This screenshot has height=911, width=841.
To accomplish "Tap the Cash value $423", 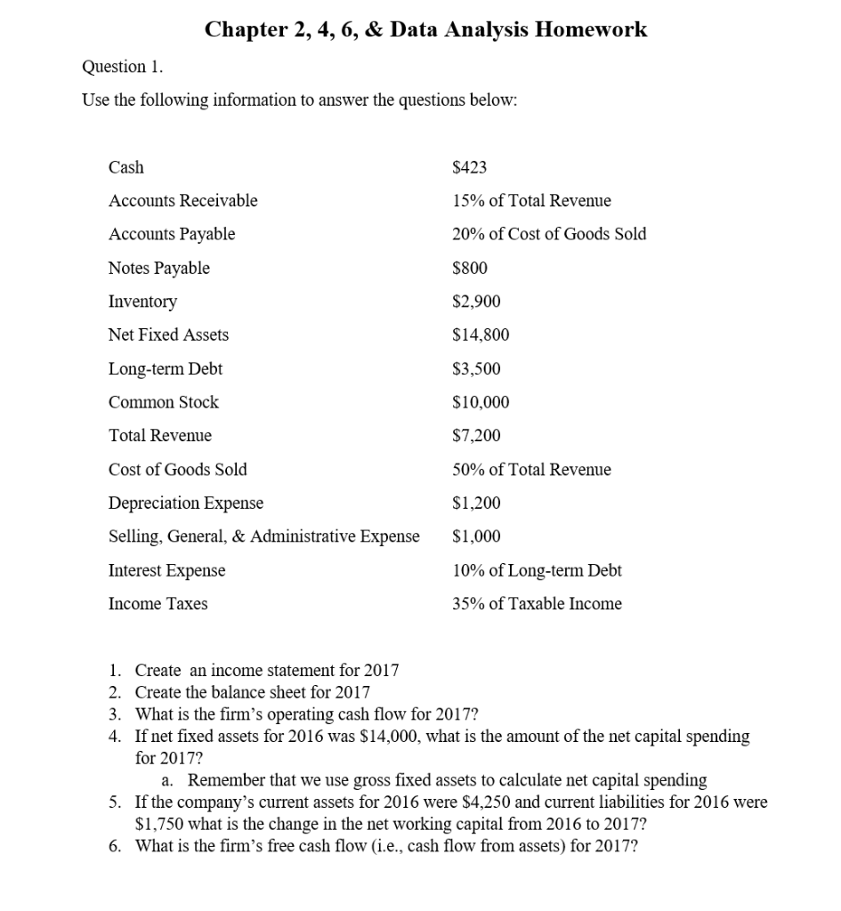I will point(470,167).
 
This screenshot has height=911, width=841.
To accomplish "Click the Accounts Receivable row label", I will point(182,201).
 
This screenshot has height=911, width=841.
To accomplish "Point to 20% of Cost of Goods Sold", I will point(549,234).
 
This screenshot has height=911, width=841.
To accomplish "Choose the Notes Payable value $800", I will point(470,268).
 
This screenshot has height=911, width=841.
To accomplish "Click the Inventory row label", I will point(142,302).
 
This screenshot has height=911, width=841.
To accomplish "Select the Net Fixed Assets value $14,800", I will point(481,335).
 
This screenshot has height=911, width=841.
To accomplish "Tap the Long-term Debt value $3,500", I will point(476,368).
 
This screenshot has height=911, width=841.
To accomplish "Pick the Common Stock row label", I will point(163,402).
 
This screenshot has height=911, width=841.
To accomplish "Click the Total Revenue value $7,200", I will point(476,436).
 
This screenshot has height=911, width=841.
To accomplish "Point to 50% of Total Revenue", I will point(531,470).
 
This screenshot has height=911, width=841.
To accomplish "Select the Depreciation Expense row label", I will point(185,504).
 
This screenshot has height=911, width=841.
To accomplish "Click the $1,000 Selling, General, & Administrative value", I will point(476,536).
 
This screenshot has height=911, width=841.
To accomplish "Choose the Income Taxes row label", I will point(158,604).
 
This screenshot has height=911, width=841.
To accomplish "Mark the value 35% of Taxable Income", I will point(537,604).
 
